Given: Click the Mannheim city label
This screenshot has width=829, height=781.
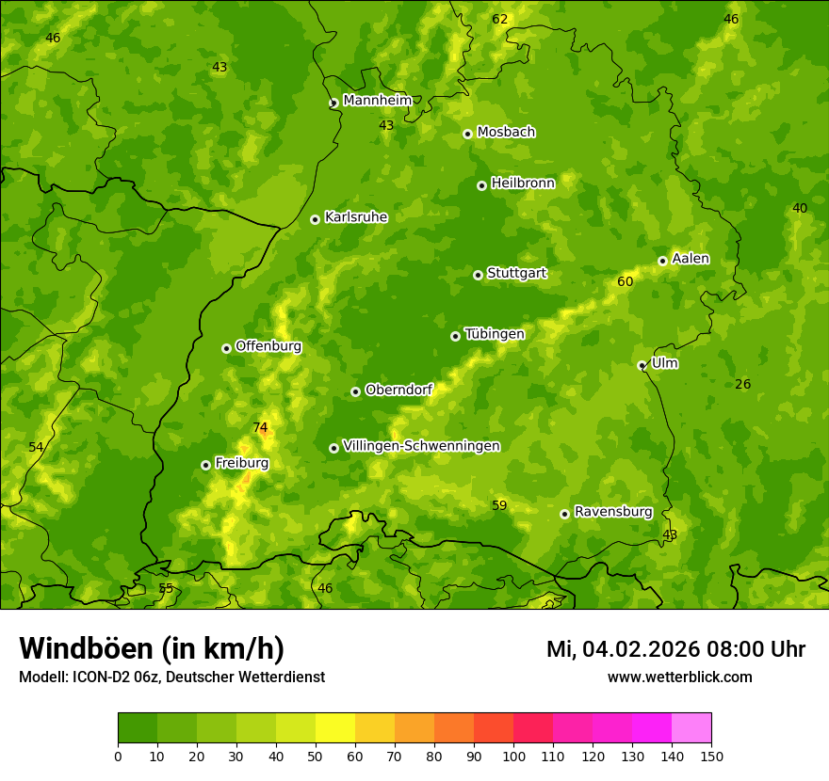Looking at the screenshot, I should pyautogui.click(x=377, y=101).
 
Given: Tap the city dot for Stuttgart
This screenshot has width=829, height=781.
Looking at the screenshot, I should pyautogui.click(x=478, y=275).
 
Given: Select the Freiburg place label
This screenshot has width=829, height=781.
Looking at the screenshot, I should pyautogui.click(x=241, y=463).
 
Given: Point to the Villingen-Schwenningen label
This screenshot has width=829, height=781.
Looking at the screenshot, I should pyautogui.click(x=421, y=446).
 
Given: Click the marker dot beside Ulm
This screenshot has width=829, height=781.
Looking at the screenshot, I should pyautogui.click(x=642, y=365).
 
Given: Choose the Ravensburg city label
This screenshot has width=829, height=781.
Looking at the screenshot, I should pyautogui.click(x=612, y=512).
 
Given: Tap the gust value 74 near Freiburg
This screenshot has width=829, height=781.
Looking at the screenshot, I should pyautogui.click(x=260, y=427).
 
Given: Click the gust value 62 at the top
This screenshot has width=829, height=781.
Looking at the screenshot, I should pyautogui.click(x=499, y=20).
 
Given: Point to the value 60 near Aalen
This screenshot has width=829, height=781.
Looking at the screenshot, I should pyautogui.click(x=625, y=281).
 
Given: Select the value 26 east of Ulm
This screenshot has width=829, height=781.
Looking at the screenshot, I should pyautogui.click(x=742, y=384).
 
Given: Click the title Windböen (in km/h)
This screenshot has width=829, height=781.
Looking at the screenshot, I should pyautogui.click(x=152, y=648).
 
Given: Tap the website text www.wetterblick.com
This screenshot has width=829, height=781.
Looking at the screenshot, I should pyautogui.click(x=679, y=677).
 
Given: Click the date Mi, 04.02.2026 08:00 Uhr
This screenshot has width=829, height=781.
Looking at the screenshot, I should pyautogui.click(x=675, y=649).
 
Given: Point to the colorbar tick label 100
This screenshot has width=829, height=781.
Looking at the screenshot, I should pyautogui.click(x=513, y=756).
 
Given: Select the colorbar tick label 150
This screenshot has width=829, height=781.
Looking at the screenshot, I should pyautogui.click(x=711, y=756).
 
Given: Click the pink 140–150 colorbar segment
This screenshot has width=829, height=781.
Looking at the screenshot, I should pyautogui.click(x=691, y=728).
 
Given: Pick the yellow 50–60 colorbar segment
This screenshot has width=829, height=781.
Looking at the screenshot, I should pyautogui.click(x=335, y=728).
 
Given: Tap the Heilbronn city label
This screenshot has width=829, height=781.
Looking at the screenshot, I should pyautogui.click(x=523, y=183).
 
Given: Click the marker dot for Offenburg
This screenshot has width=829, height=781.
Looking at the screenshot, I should pyautogui.click(x=226, y=348).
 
